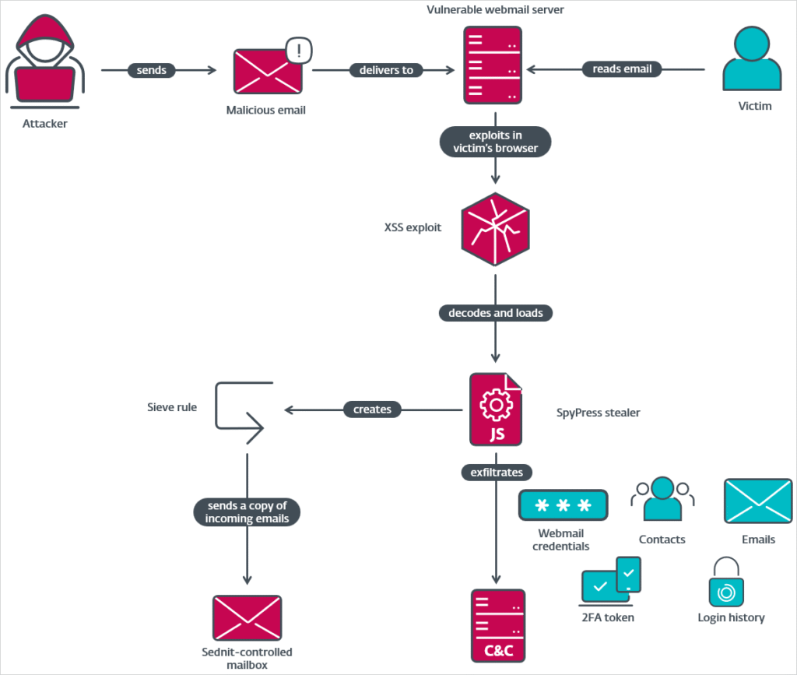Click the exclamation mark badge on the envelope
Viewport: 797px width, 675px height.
[x=299, y=51]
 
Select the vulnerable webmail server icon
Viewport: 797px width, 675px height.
[x=492, y=65]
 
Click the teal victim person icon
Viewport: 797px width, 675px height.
[x=750, y=61]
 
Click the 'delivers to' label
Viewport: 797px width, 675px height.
[x=386, y=70]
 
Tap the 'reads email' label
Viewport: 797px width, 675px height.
[x=622, y=69]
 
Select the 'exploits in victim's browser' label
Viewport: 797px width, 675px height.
[x=496, y=142]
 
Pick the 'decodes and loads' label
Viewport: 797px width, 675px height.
[x=496, y=313]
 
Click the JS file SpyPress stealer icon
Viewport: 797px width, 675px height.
[x=496, y=410]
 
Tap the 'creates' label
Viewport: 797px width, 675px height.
[x=372, y=409]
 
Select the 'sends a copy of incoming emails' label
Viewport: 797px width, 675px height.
[x=247, y=512]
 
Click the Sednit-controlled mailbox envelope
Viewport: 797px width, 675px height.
[x=247, y=618]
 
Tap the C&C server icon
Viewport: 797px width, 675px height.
[x=497, y=625]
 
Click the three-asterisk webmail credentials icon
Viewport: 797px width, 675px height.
[x=563, y=504]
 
